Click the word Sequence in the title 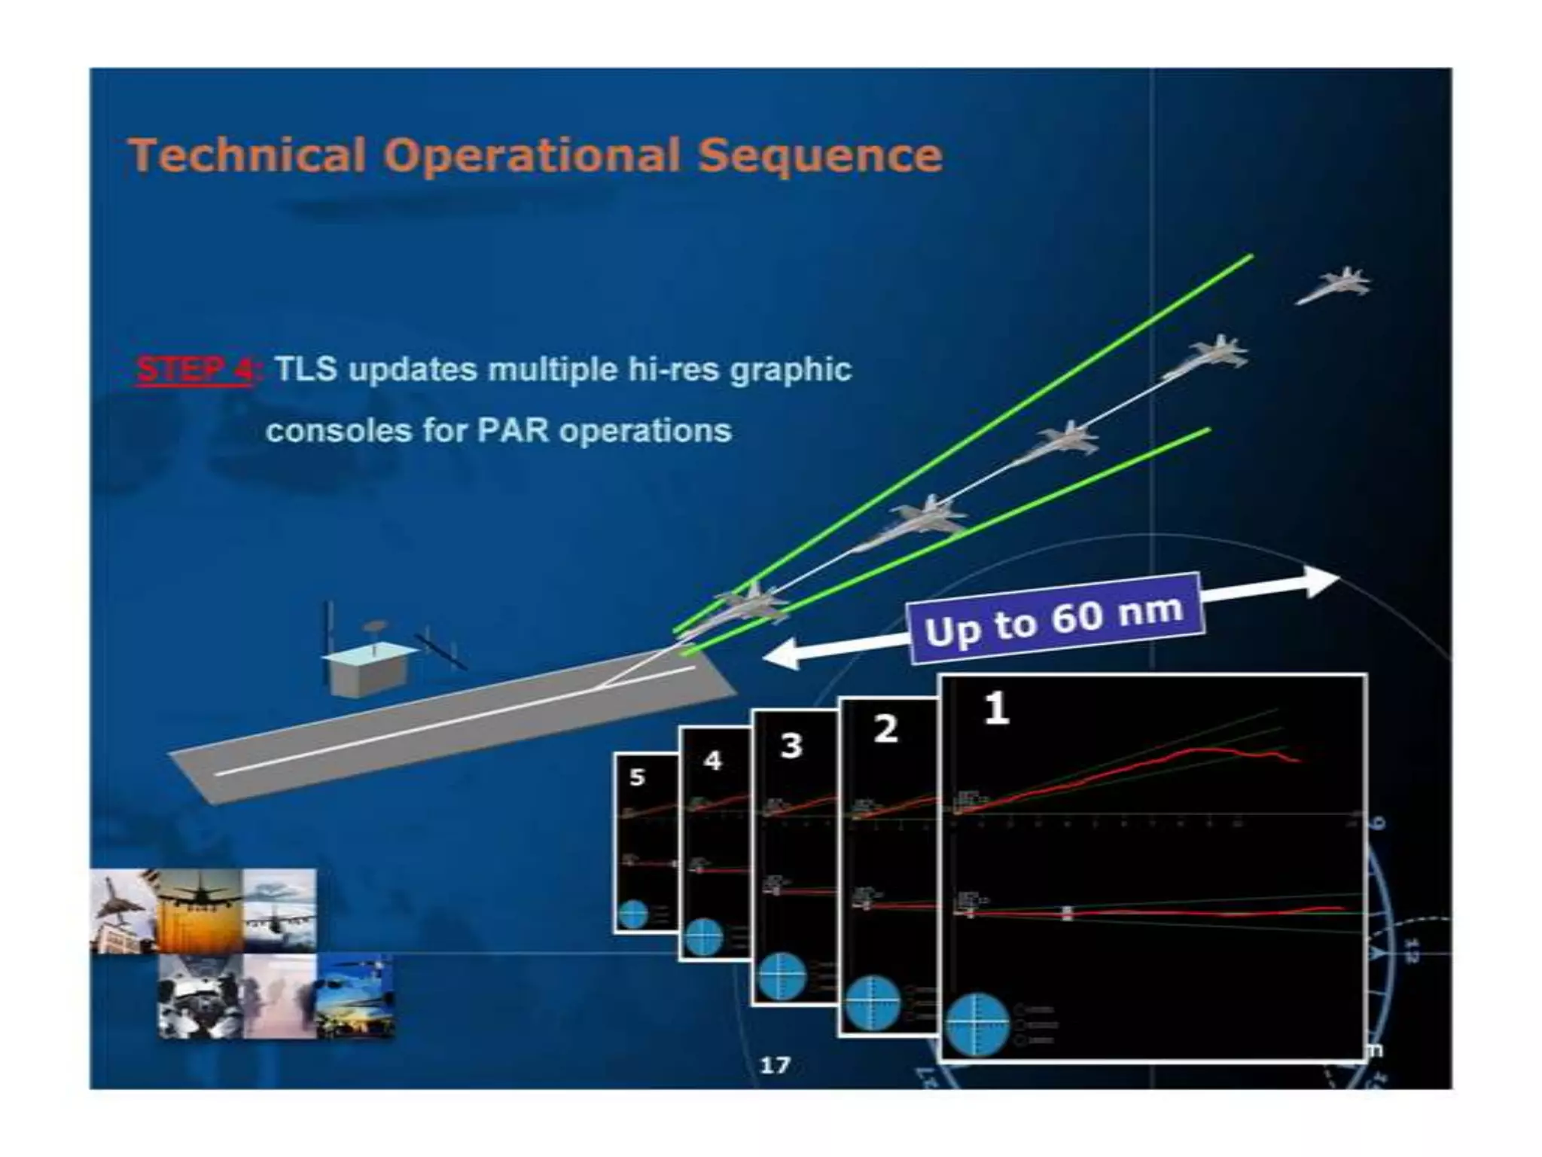coord(819,155)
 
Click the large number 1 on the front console coord(995,708)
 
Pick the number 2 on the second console coord(885,729)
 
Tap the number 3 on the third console coord(791,746)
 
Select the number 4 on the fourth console coord(712,761)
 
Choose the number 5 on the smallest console coord(637,777)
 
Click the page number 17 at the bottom coord(775,1065)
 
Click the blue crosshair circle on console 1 coord(977,1024)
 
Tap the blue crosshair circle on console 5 coord(632,914)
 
